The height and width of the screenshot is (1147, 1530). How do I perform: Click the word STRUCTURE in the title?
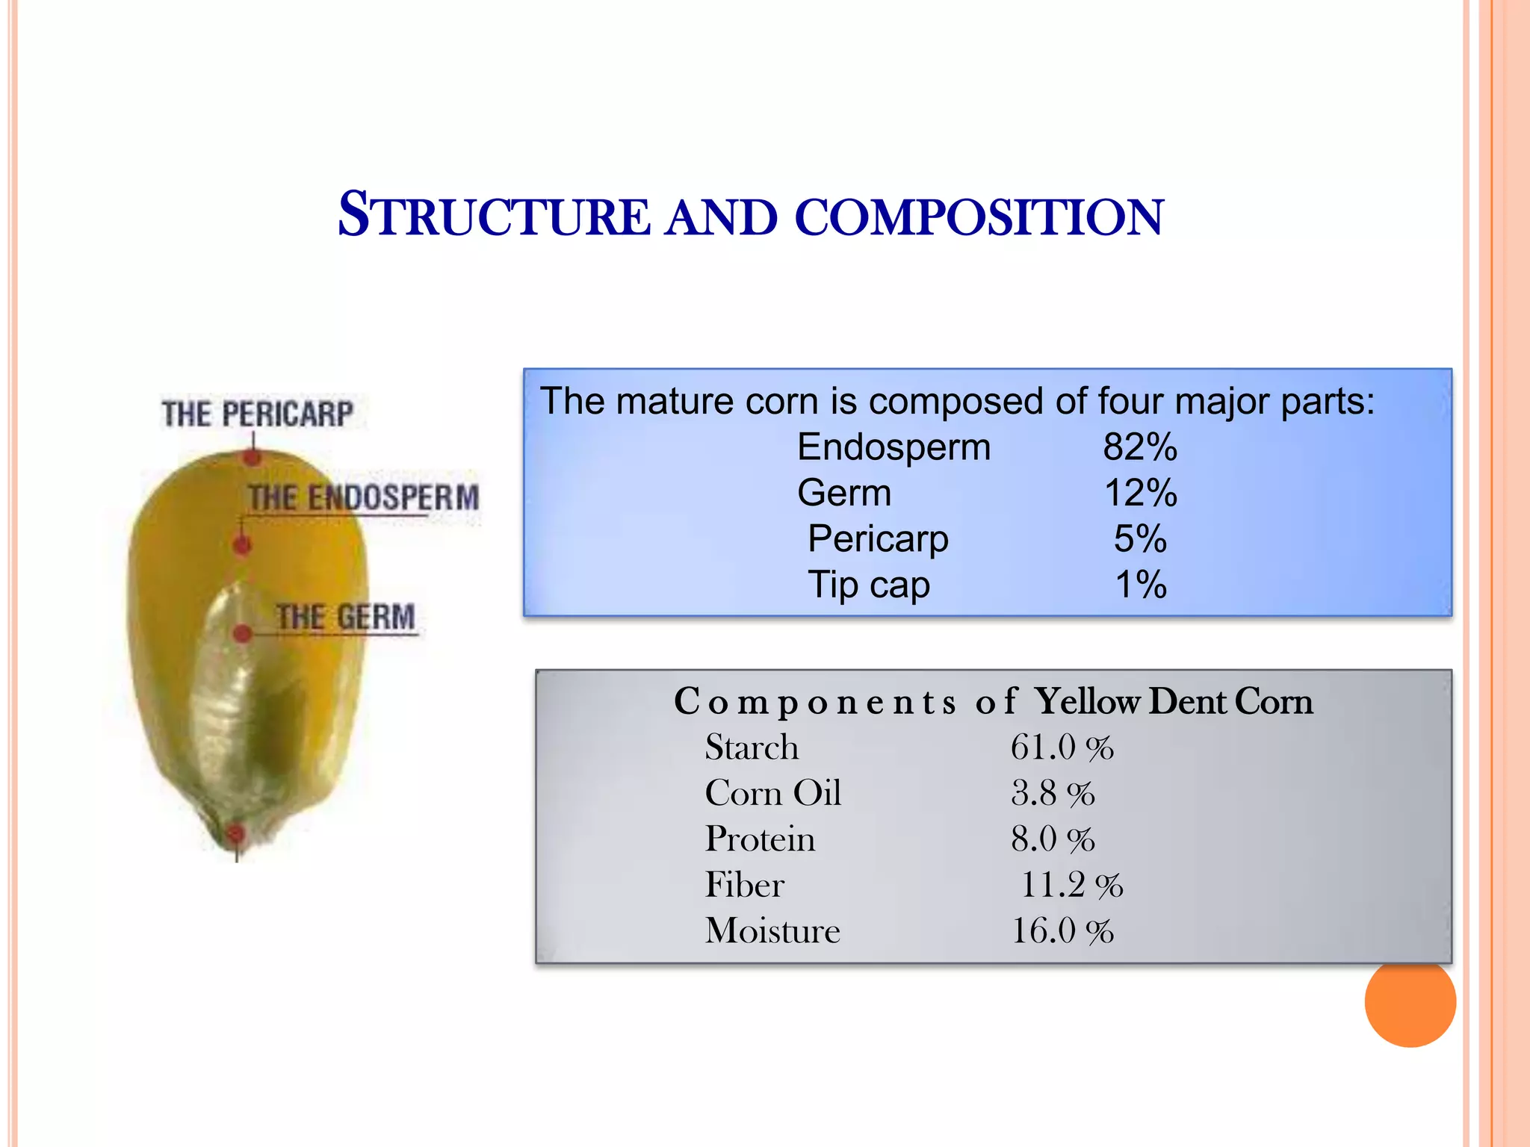pos(495,217)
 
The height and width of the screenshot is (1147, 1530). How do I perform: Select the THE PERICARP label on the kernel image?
pos(258,414)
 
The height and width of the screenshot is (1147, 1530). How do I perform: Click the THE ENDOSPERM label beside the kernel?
pos(364,497)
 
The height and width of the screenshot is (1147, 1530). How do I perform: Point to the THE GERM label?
pos(345,618)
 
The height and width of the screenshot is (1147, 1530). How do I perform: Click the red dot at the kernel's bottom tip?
pos(235,833)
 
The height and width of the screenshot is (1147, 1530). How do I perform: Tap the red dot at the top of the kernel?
pos(253,456)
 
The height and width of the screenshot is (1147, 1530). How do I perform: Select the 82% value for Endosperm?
pos(1140,447)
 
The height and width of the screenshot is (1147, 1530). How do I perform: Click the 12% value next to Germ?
pos(1140,494)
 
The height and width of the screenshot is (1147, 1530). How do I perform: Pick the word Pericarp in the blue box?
pos(878,539)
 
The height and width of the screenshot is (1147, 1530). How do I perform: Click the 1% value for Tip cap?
pos(1140,585)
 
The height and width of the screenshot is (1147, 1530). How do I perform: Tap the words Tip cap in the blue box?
pos(869,585)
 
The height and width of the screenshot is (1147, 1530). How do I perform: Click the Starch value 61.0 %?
pos(1062,747)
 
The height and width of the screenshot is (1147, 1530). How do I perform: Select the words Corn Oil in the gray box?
pos(773,793)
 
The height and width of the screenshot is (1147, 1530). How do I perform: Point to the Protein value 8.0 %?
pos(1053,839)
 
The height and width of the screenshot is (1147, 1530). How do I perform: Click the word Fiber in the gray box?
pos(745,885)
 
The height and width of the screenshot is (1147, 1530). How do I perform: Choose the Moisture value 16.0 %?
pos(1062,931)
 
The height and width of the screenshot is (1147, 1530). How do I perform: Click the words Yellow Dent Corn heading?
pos(1173,702)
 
